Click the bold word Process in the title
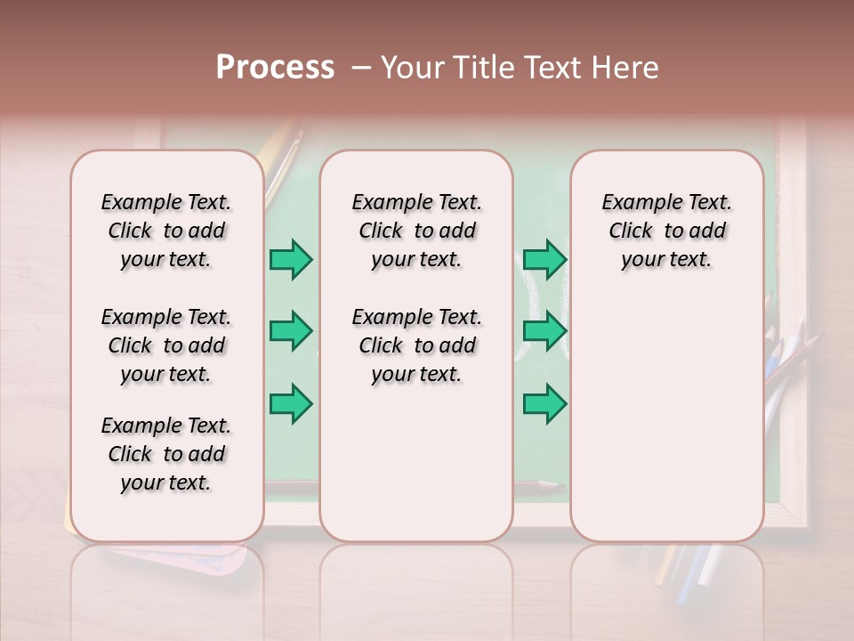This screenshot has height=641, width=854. (x=275, y=68)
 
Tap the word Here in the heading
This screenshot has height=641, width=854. (x=626, y=68)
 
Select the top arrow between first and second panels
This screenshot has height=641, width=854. (x=291, y=260)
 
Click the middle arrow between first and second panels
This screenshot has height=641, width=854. (x=291, y=331)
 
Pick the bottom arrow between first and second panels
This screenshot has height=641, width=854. (x=291, y=404)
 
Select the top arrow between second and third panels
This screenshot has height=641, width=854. (x=544, y=260)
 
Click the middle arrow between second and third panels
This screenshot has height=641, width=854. (x=544, y=331)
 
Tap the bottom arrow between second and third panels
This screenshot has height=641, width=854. (x=544, y=404)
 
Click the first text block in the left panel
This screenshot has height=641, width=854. (x=166, y=231)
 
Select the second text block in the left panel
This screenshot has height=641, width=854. (x=166, y=345)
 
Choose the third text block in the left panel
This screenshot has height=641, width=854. (x=166, y=454)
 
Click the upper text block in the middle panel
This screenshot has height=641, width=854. (x=416, y=231)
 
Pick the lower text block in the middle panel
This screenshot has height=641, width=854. (x=416, y=345)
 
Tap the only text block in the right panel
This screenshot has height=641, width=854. (x=666, y=231)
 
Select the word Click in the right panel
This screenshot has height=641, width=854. (x=631, y=231)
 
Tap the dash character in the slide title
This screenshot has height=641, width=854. (x=361, y=68)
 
